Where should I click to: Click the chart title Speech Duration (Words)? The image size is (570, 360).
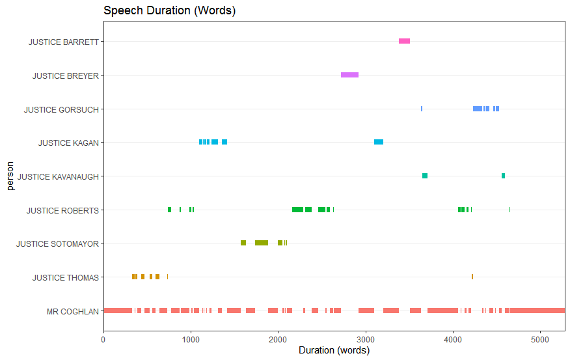pyautogui.click(x=169, y=10)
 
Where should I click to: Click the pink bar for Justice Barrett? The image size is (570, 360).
pyautogui.click(x=404, y=41)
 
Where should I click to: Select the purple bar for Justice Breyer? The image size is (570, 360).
pyautogui.click(x=349, y=75)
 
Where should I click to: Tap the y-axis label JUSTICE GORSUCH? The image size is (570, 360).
pyautogui.click(x=61, y=109)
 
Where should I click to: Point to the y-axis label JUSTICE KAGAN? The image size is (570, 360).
pyautogui.click(x=68, y=143)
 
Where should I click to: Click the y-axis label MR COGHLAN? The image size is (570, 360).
pyautogui.click(x=72, y=311)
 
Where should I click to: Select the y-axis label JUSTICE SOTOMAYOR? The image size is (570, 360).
pyautogui.click(x=57, y=244)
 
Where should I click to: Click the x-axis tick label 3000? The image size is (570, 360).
pyautogui.click(x=366, y=339)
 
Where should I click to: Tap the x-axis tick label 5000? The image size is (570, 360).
pyautogui.click(x=541, y=339)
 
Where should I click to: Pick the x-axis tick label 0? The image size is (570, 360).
pyautogui.click(x=103, y=339)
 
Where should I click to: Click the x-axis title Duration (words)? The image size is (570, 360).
pyautogui.click(x=334, y=351)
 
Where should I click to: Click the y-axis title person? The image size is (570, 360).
pyautogui.click(x=10, y=176)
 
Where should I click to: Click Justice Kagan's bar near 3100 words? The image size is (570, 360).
pyautogui.click(x=379, y=142)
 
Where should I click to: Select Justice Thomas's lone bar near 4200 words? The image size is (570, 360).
pyautogui.click(x=472, y=277)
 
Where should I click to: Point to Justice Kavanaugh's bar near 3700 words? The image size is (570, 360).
pyautogui.click(x=425, y=176)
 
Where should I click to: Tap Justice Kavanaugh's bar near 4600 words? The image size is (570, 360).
pyautogui.click(x=503, y=176)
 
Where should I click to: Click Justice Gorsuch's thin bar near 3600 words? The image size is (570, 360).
pyautogui.click(x=422, y=109)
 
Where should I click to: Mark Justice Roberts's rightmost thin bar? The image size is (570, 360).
pyautogui.click(x=509, y=210)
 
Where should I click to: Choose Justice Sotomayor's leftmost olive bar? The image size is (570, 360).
pyautogui.click(x=243, y=243)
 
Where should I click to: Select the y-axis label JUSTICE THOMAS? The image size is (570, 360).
pyautogui.click(x=66, y=278)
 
